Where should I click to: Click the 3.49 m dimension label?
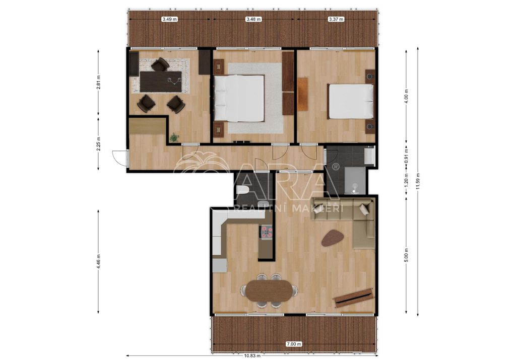169,19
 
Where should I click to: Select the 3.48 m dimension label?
253,19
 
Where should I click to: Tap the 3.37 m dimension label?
336,19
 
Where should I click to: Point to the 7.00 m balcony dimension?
294,344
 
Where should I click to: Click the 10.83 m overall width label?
252,355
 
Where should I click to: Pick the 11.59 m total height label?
418,181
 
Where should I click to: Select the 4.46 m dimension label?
98,261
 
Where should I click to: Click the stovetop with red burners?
267,232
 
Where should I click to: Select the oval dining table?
269,290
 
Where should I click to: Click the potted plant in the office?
174,137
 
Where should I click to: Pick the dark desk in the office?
161,82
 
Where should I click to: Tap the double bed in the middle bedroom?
239,98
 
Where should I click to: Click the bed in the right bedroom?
351,101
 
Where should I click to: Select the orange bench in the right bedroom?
302,94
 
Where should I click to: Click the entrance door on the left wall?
120,158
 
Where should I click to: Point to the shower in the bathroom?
355,181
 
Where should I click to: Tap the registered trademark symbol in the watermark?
336,167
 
